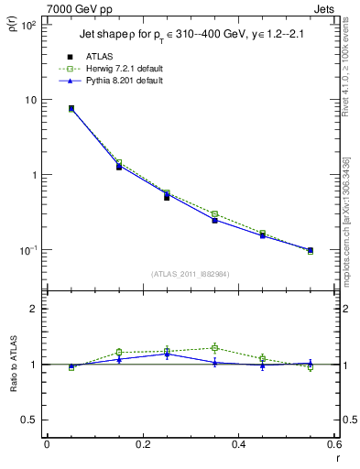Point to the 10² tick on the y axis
[27, 25]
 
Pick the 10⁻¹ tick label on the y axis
[27, 250]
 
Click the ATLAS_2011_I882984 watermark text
[191, 274]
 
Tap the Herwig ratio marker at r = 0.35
[214, 348]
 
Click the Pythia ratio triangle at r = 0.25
[167, 354]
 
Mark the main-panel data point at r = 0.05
[71, 108]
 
